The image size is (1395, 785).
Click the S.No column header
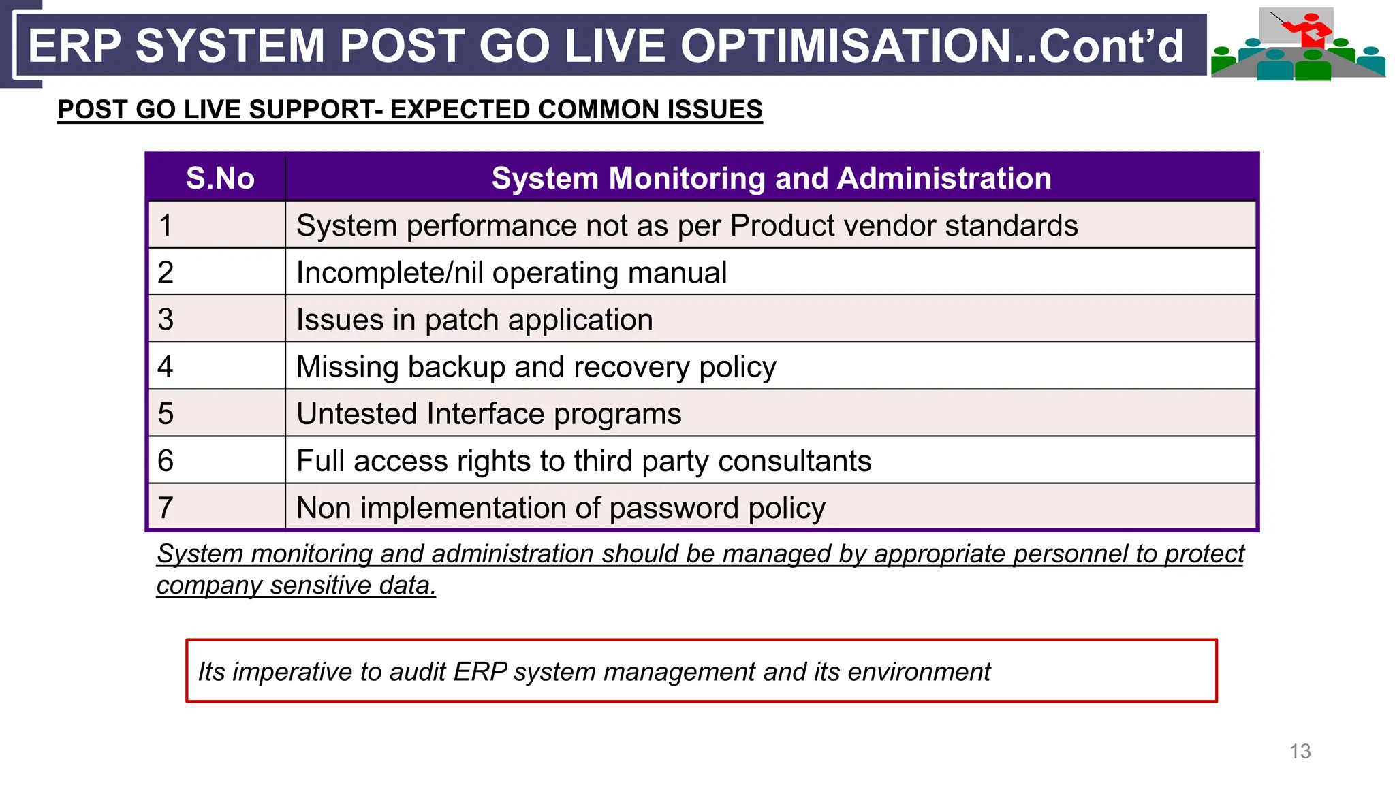[x=220, y=178]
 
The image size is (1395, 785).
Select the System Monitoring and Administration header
[x=771, y=178]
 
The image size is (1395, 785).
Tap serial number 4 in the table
[x=166, y=367]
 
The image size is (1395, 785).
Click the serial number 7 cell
[x=166, y=508]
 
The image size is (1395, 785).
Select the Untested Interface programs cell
[x=488, y=414]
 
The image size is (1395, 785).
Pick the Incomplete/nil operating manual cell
[x=511, y=273]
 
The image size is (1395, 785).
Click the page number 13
[x=1300, y=752]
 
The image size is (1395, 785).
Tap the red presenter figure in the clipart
[x=1311, y=31]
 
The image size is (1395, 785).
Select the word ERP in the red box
[x=480, y=672]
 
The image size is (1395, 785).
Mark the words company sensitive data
[x=296, y=586]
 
